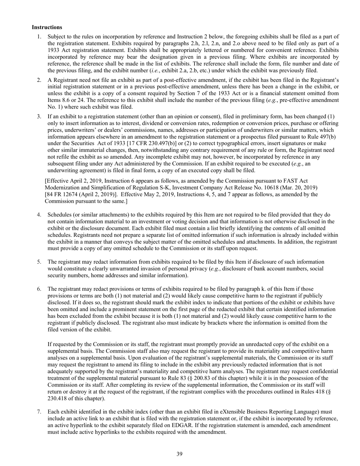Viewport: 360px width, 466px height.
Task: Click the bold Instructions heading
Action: point(47,27)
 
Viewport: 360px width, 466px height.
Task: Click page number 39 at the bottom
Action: point(180,454)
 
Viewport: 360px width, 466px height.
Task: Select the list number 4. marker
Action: point(39,215)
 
